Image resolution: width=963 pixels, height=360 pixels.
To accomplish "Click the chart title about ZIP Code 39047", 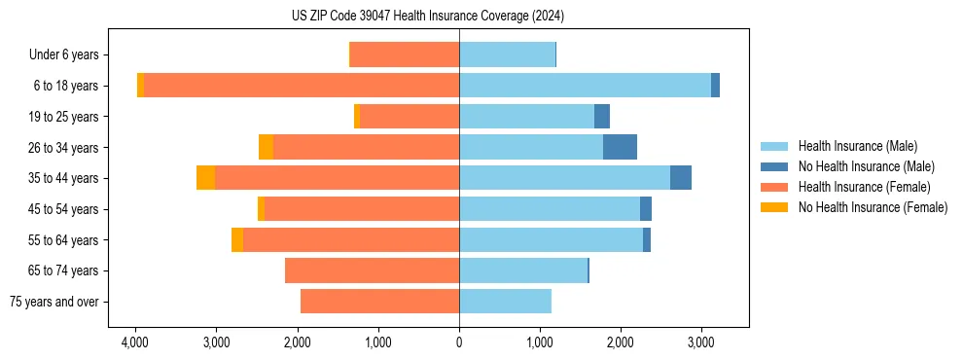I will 427,17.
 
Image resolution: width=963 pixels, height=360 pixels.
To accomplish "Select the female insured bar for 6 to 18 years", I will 302,86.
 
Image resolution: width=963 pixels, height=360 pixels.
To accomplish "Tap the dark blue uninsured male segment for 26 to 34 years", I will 620,147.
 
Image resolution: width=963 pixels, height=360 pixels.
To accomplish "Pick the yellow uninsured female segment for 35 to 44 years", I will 205,178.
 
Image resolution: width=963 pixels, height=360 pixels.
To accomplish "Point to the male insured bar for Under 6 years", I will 507,54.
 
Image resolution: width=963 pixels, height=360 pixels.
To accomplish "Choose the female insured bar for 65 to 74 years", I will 372,270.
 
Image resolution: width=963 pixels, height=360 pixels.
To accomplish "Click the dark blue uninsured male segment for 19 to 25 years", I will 602,117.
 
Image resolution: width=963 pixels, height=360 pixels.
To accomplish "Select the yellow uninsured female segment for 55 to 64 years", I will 237,239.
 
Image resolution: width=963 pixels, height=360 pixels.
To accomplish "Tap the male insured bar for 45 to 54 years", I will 550,209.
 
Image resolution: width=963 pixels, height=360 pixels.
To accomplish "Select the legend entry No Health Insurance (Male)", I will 866,166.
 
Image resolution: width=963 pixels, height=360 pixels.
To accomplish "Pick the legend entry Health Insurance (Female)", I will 864,187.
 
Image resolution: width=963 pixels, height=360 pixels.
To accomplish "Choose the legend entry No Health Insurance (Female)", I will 873,207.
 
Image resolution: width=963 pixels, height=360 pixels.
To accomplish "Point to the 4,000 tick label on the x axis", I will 134,342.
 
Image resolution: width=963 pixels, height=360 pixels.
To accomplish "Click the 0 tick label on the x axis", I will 459,342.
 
